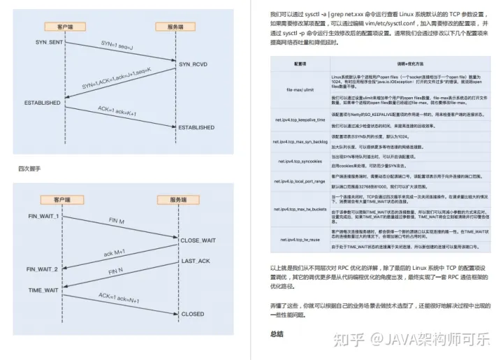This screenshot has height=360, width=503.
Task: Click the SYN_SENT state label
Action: click(50, 43)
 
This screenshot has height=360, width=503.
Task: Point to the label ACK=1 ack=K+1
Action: click(118, 109)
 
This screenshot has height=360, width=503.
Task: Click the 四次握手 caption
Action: click(29, 169)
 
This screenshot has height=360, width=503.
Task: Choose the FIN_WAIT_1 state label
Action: click(43, 216)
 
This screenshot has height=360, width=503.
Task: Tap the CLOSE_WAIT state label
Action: click(199, 240)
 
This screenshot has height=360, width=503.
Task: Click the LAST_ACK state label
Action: click(196, 261)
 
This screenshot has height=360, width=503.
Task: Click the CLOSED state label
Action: click(193, 314)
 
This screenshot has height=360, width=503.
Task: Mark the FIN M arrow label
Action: click(117, 221)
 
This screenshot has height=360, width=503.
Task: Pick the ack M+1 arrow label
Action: click(114, 252)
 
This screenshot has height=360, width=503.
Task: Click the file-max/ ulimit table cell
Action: click(299, 89)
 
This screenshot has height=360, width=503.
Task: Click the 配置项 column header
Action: click(300, 63)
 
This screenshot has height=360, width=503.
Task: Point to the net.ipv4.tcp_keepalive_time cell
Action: click(300, 120)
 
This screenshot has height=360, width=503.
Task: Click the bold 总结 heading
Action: click(278, 334)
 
